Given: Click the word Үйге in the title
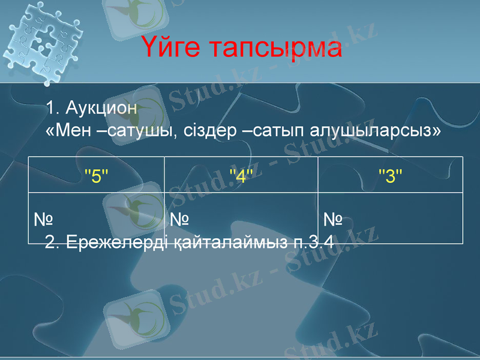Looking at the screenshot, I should [x=176, y=48].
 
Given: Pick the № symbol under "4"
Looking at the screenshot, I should [x=179, y=220].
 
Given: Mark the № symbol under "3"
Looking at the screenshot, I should [x=333, y=220].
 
